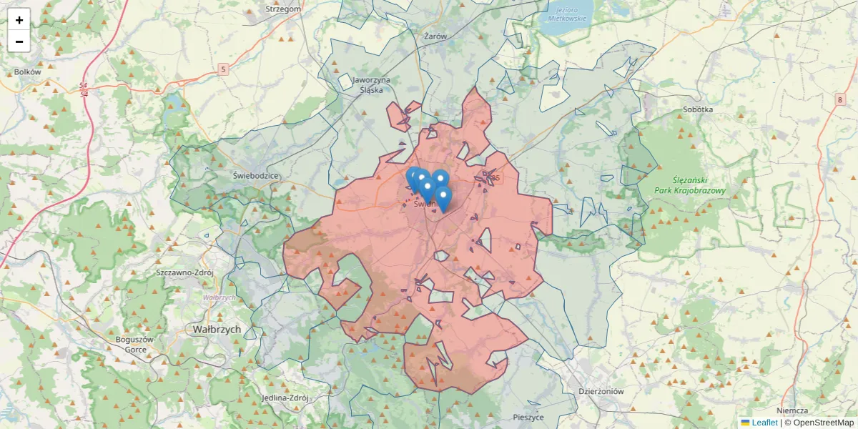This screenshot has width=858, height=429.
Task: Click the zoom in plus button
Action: pyautogui.click(x=19, y=20)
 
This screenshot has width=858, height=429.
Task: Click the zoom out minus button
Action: pyautogui.click(x=19, y=41)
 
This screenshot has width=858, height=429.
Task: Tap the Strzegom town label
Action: pyautogui.click(x=282, y=9)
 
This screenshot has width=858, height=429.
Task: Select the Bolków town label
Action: pyautogui.click(x=28, y=72)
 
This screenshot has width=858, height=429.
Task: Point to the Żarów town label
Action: pyautogui.click(x=435, y=36)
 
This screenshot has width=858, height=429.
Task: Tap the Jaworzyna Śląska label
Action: pyautogui.click(x=371, y=85)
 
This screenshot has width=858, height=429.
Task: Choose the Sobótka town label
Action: pyautogui.click(x=698, y=110)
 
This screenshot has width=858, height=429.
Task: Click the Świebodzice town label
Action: pyautogui.click(x=255, y=175)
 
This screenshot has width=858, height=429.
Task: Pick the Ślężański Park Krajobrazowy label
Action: pyautogui.click(x=689, y=186)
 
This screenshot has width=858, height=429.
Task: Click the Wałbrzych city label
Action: pyautogui.click(x=217, y=330)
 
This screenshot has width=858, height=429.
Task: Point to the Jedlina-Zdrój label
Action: pyautogui.click(x=285, y=398)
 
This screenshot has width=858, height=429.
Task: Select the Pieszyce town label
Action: pyautogui.click(x=528, y=417)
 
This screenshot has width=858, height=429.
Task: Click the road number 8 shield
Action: pyautogui.click(x=839, y=100)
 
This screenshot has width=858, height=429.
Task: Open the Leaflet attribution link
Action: pyautogui.click(x=764, y=423)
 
